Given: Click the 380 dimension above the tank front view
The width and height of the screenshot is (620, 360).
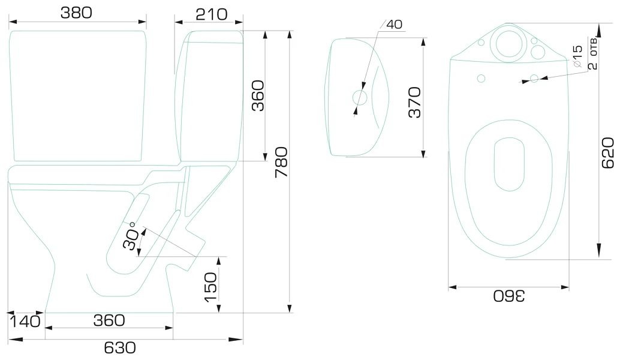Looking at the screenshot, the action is coord(76,13).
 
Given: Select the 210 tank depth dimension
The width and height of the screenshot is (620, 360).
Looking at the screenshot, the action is coord(212,14).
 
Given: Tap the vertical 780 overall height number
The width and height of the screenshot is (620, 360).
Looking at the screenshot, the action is coord(282,162).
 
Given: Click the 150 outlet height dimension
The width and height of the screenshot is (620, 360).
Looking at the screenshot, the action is coord(210,287).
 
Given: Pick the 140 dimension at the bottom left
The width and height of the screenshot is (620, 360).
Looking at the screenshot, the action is coord(25,321).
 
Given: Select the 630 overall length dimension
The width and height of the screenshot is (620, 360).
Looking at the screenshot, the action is coord(120,348).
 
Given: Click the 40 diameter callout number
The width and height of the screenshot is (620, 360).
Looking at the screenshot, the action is coord(394,24).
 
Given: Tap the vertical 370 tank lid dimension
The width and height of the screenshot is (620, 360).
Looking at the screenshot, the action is coord(415,103).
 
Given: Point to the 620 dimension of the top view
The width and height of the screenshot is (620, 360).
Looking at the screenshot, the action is coord(607,153).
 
